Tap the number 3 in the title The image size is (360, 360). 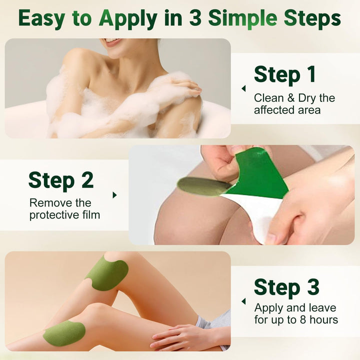point(195,18)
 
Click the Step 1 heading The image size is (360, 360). point(285,74)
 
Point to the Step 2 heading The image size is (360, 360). point(61,180)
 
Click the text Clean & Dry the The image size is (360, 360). point(294,98)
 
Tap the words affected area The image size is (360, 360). point(287,110)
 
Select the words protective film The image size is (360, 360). point(65,215)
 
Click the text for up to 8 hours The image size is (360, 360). point(296,319)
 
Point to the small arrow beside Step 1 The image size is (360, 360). point(243,88)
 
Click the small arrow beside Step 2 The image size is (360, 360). point(114,195)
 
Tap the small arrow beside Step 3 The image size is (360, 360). point(243,301)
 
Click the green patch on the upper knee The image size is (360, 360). point(106,273)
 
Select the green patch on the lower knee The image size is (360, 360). point(63,332)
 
